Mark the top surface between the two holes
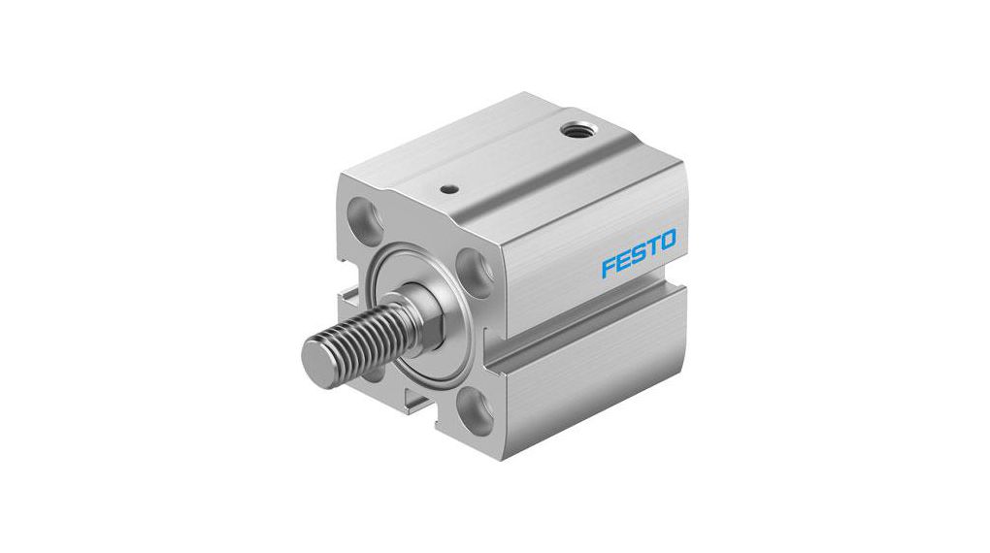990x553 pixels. (514, 160)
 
